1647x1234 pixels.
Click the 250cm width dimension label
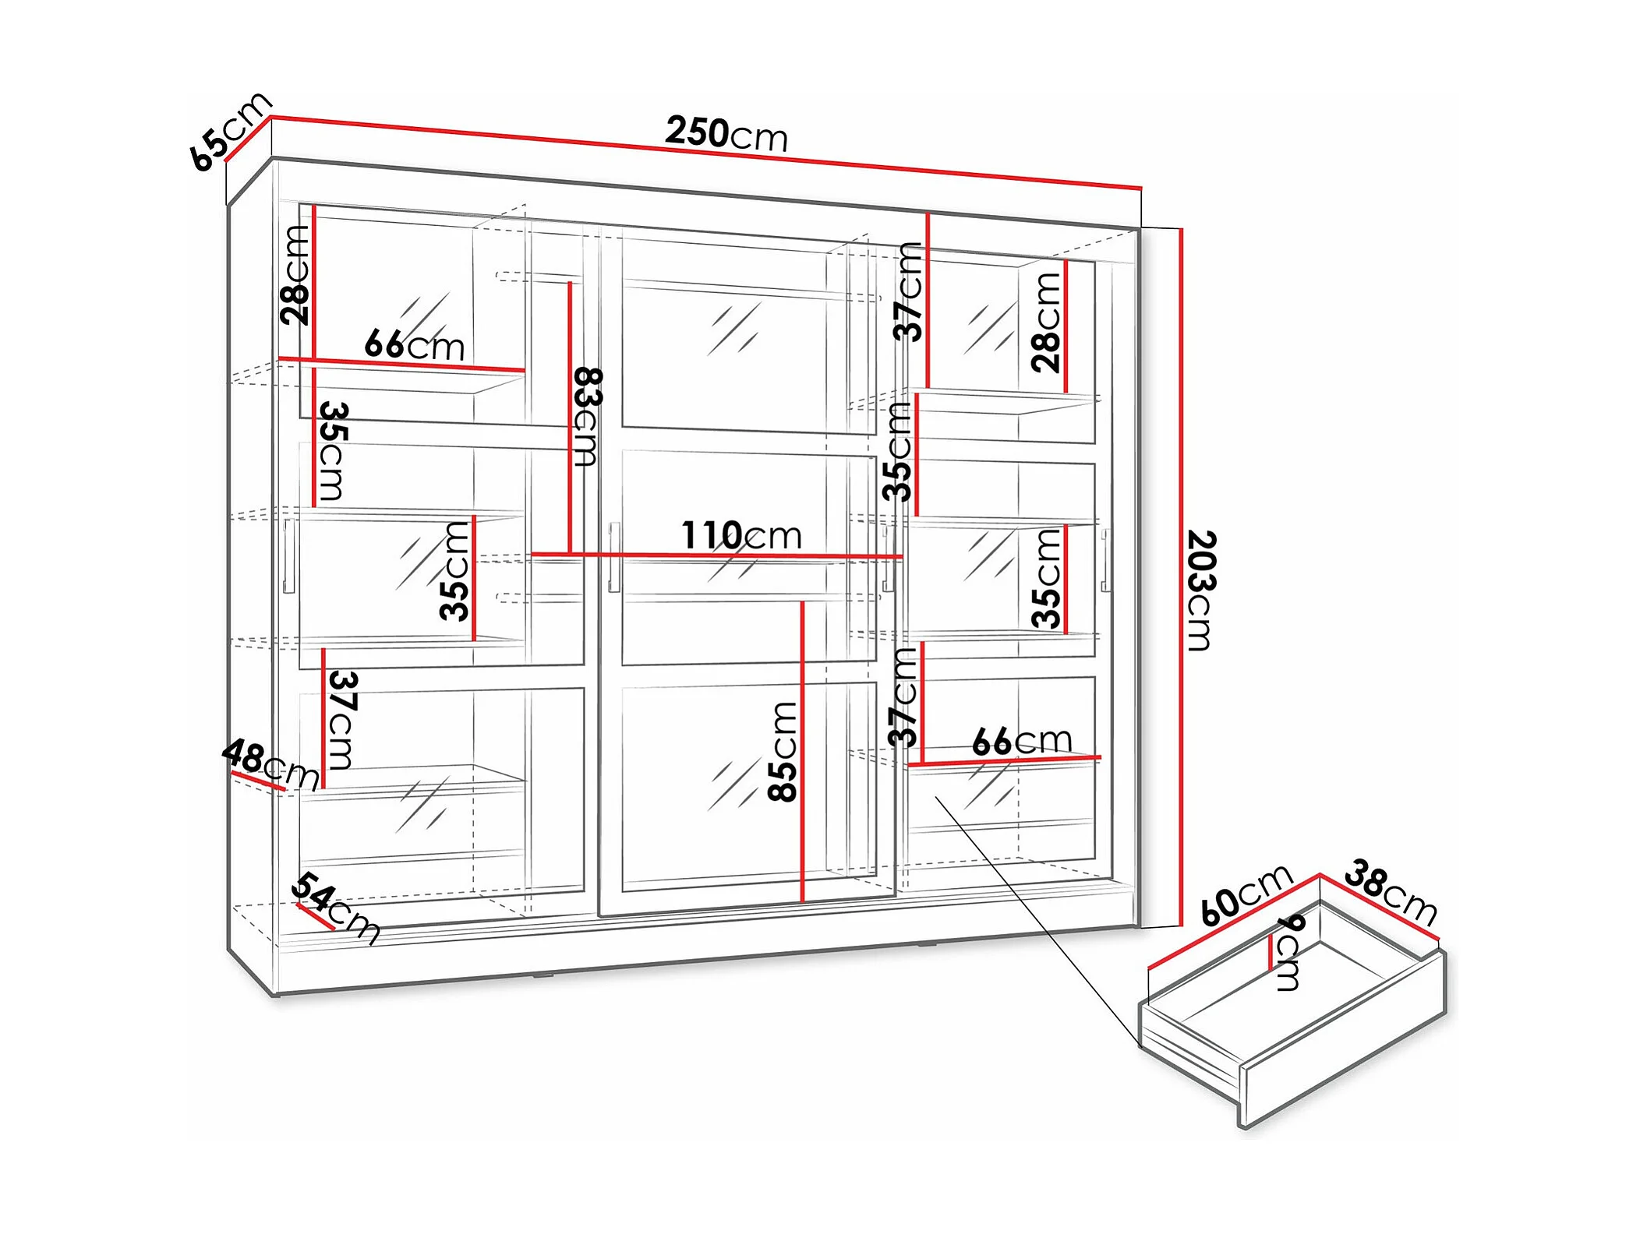(726, 134)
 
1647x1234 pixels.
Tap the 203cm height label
(1200, 590)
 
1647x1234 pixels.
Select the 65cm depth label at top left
(230, 131)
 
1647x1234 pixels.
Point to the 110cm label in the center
(741, 535)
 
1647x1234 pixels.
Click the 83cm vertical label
(587, 417)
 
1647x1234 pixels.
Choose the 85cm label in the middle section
(783, 751)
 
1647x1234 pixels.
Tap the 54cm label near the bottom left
(336, 908)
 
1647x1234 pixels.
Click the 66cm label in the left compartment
(414, 344)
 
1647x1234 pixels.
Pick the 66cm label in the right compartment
(1022, 740)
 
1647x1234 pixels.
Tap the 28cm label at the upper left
(296, 274)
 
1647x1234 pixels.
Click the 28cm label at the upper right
(1046, 322)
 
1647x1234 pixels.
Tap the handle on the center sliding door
(614, 556)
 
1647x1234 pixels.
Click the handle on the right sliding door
(1105, 559)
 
